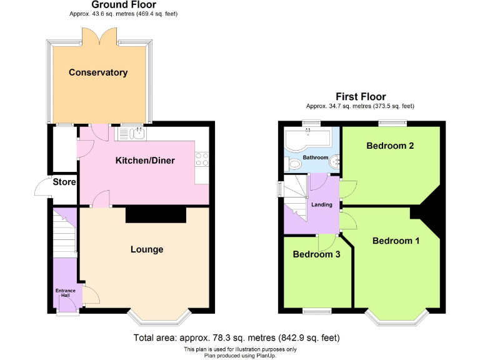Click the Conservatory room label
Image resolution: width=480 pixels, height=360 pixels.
pyautogui.click(x=98, y=72)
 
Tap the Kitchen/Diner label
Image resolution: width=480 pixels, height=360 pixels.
pyautogui.click(x=145, y=161)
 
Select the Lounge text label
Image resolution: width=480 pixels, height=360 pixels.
pyautogui.click(x=147, y=249)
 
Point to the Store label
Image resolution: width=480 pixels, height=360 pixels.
pyautogui.click(x=64, y=182)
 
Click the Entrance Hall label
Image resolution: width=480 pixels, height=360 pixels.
pyautogui.click(x=65, y=292)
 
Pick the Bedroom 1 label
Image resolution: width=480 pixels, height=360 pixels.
pyautogui.click(x=396, y=241)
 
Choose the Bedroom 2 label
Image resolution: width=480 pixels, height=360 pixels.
pyautogui.click(x=390, y=146)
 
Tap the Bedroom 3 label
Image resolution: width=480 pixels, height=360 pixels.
pyautogui.click(x=316, y=254)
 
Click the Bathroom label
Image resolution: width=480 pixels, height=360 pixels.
pyautogui.click(x=315, y=157)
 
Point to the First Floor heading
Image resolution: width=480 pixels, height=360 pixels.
pyautogui.click(x=361, y=97)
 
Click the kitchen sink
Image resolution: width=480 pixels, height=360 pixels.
pyautogui.click(x=131, y=132)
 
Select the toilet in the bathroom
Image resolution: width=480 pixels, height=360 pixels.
pyautogui.click(x=294, y=164)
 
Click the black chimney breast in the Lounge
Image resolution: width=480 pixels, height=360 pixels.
pyautogui.click(x=156, y=214)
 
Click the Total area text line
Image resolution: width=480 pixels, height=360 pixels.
pyautogui.click(x=236, y=338)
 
